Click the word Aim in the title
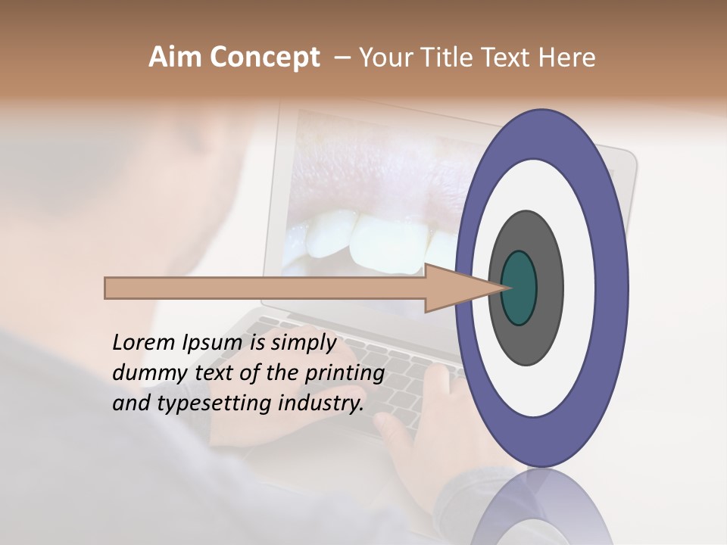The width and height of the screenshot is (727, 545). (176, 58)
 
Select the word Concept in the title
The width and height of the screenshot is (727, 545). (264, 58)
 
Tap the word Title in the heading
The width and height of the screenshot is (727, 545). (449, 58)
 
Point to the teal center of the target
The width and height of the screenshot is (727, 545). (520, 288)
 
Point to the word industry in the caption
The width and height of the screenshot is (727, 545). (321, 403)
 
